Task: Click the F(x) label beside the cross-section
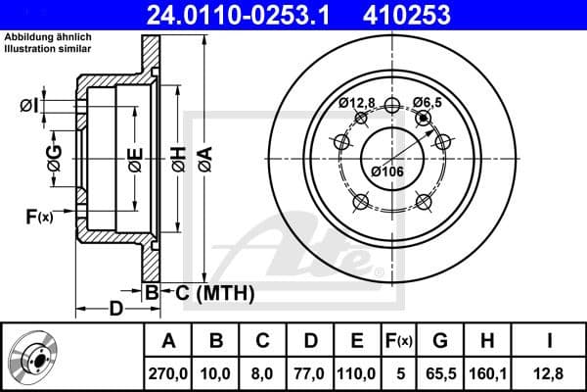[x=38, y=217]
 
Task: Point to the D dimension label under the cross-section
[x=116, y=310]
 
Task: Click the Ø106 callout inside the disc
[x=387, y=173]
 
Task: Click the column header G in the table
[x=441, y=342]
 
